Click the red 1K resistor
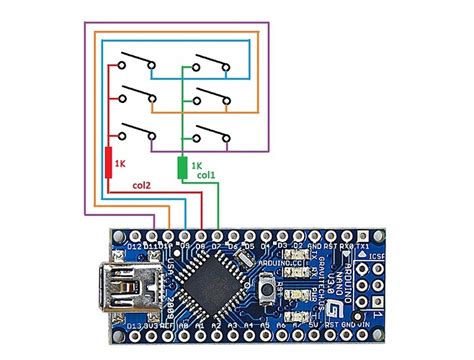click(109, 161)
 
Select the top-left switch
click(135, 59)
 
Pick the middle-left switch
click(135, 96)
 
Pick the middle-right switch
click(212, 96)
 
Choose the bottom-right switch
click(212, 133)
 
